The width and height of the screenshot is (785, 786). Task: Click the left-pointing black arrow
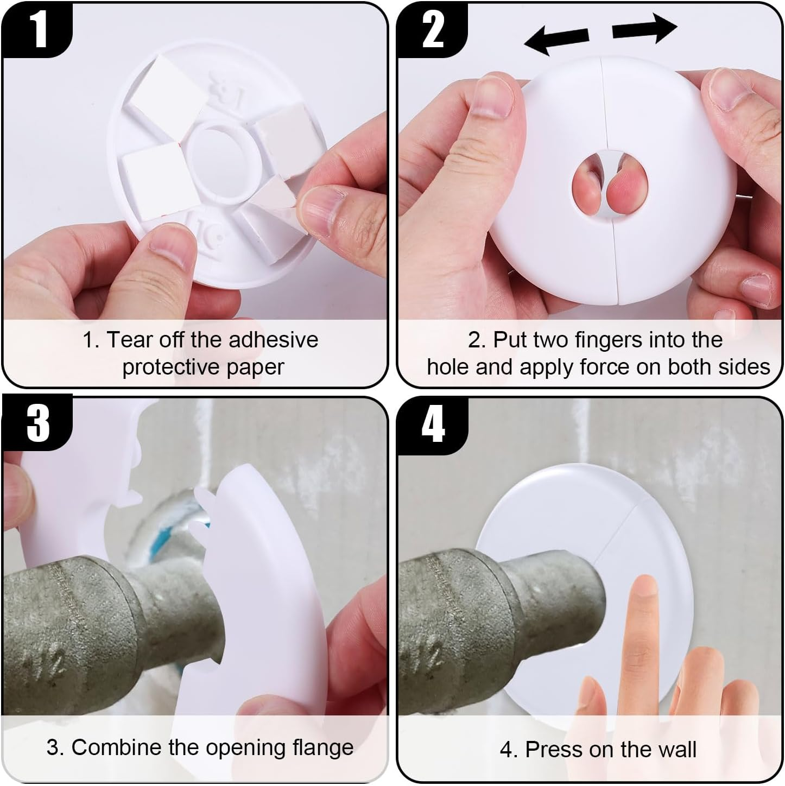[x=556, y=41]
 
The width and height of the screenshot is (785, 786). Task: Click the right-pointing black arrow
[x=644, y=28]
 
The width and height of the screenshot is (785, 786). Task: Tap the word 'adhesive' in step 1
[x=273, y=339]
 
